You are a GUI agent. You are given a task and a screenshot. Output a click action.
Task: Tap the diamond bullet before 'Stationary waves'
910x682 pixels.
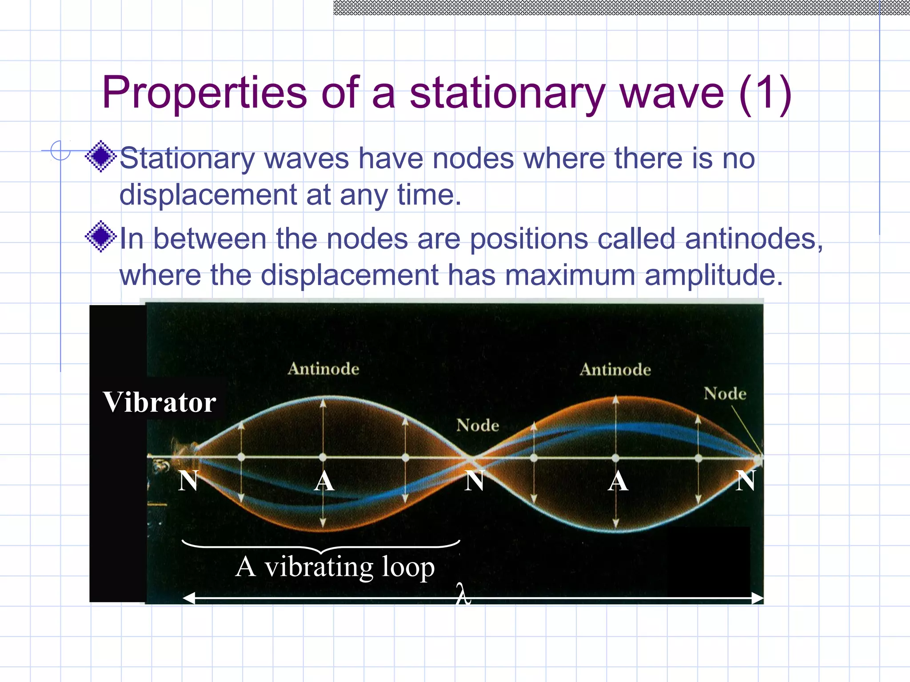[x=101, y=156]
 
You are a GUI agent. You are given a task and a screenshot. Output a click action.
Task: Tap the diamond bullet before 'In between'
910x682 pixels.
[x=101, y=236]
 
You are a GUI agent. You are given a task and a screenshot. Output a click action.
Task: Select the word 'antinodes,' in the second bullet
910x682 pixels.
[x=754, y=239]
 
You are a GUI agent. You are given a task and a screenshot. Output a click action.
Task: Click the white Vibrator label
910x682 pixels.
[x=160, y=402]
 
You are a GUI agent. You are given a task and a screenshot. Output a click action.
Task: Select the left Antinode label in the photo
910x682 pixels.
[x=323, y=369]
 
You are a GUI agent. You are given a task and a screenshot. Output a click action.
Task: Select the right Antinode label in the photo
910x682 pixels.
[x=615, y=369]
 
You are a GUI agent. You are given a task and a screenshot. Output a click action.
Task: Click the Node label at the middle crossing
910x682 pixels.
[x=478, y=425]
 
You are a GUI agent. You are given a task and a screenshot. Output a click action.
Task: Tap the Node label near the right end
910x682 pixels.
[x=725, y=393]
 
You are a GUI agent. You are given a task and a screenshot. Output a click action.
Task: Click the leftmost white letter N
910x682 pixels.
[x=188, y=481]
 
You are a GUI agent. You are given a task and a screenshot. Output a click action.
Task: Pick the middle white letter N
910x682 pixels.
[x=474, y=481]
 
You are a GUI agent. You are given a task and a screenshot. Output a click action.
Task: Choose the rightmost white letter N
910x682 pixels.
[x=746, y=481]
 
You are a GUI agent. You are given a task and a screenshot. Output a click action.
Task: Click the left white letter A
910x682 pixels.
[x=324, y=481]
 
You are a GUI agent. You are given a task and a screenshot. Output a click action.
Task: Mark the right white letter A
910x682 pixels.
[x=618, y=481]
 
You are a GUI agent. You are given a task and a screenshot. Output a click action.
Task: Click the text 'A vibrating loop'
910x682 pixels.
[x=335, y=567]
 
